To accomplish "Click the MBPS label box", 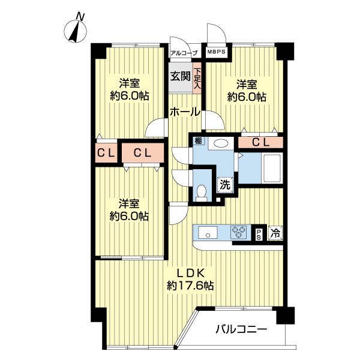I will (x=216, y=52).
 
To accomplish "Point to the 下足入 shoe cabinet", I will (x=197, y=79).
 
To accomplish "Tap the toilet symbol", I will (x=202, y=191).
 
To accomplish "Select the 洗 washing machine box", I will (x=224, y=185).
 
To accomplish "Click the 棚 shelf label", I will (x=198, y=142).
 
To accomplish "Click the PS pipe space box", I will (x=259, y=233).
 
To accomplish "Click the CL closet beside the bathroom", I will (x=260, y=142).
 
